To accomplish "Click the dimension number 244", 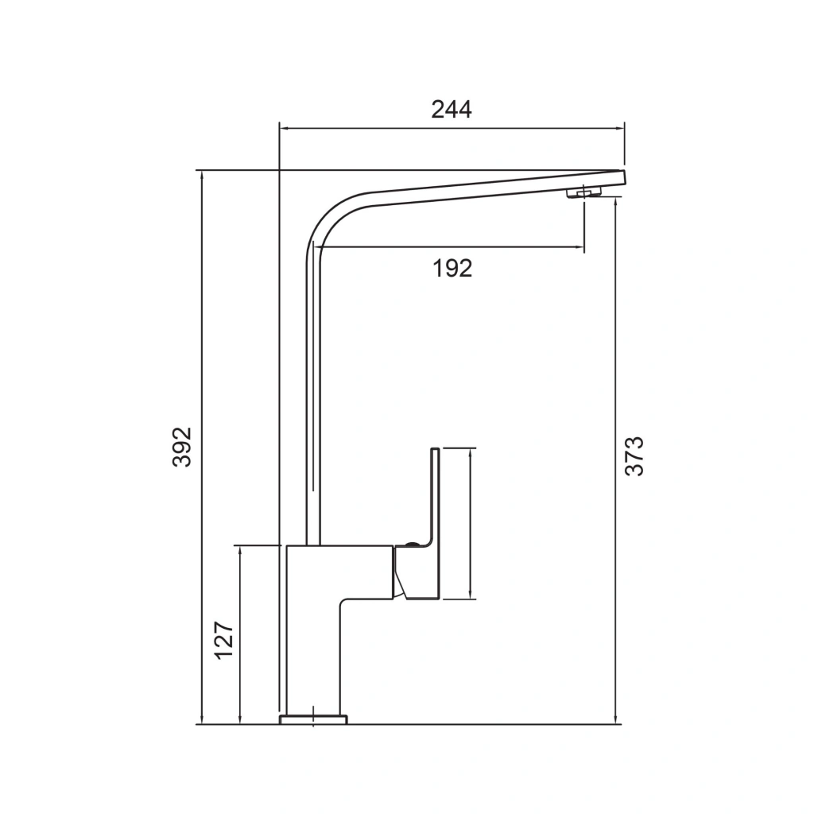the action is (x=452, y=110).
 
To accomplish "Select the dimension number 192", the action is (x=452, y=269).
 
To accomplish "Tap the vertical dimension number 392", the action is (x=182, y=447).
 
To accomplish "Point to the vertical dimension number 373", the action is (x=634, y=456).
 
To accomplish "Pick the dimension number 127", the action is (x=224, y=640).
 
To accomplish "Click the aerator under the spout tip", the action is (x=584, y=193).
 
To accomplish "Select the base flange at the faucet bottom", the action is (x=313, y=719).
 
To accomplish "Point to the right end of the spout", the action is (x=625, y=177).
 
